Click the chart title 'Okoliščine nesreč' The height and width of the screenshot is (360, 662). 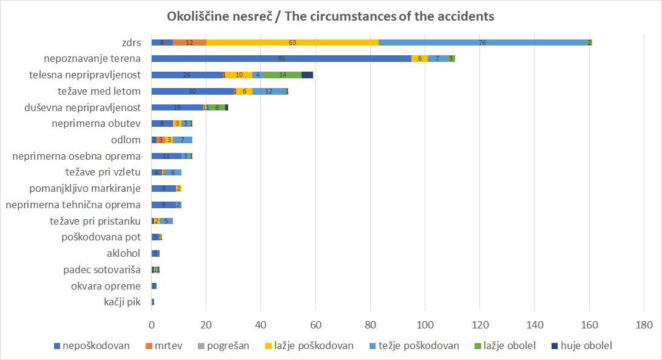pos(331,16)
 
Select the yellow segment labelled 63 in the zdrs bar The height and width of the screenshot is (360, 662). pos(292,42)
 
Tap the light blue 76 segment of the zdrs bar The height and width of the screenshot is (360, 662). pos(482,42)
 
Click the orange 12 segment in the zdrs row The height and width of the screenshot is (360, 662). pos(190,42)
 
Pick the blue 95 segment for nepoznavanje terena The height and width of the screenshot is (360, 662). pos(281,59)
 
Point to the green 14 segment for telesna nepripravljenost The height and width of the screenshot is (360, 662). pos(283,75)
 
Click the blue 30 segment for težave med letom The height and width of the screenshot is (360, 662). pos(192,91)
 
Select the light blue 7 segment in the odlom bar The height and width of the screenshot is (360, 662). pos(183,140)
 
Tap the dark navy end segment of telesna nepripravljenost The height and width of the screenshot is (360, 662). pos(308,75)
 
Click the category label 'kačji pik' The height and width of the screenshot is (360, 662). pos(123,302)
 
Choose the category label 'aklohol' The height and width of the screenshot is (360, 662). pos(123,253)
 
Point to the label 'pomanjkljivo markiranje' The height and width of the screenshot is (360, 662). pos(85,188)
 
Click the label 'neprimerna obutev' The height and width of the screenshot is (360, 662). pos(102,123)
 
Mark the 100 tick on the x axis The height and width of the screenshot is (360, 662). pos(425,325)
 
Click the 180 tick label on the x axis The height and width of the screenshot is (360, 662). pos(644,325)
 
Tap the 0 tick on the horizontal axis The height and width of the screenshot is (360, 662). pos(152,325)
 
